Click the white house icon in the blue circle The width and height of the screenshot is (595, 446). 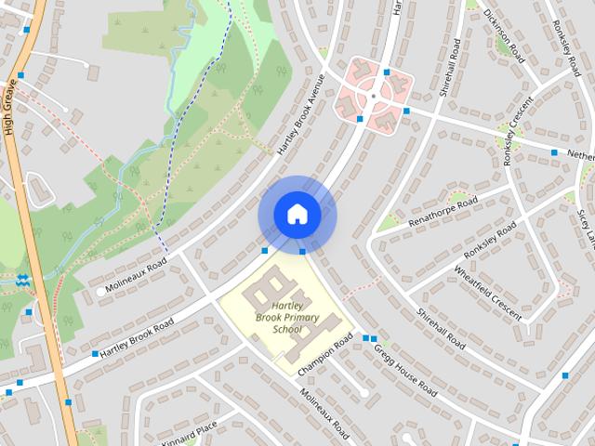click(297, 215)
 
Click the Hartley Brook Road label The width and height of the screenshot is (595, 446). click(137, 338)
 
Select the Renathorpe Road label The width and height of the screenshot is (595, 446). click(443, 212)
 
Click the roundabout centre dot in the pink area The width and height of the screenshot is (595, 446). click(373, 95)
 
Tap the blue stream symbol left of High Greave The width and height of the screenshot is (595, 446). click(23, 278)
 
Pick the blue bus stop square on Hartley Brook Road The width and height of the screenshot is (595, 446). click(95, 354)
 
